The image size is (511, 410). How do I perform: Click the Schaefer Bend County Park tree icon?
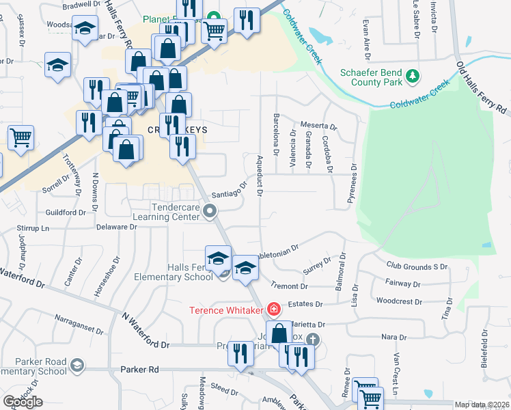point(412,76)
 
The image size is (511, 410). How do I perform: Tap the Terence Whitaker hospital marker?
point(274,310)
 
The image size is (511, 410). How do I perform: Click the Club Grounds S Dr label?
point(417,266)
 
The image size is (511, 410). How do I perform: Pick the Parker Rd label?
point(139,369)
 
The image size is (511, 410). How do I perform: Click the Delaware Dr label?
point(117,226)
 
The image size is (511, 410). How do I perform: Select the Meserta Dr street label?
point(319,126)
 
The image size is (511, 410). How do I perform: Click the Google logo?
point(23,402)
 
